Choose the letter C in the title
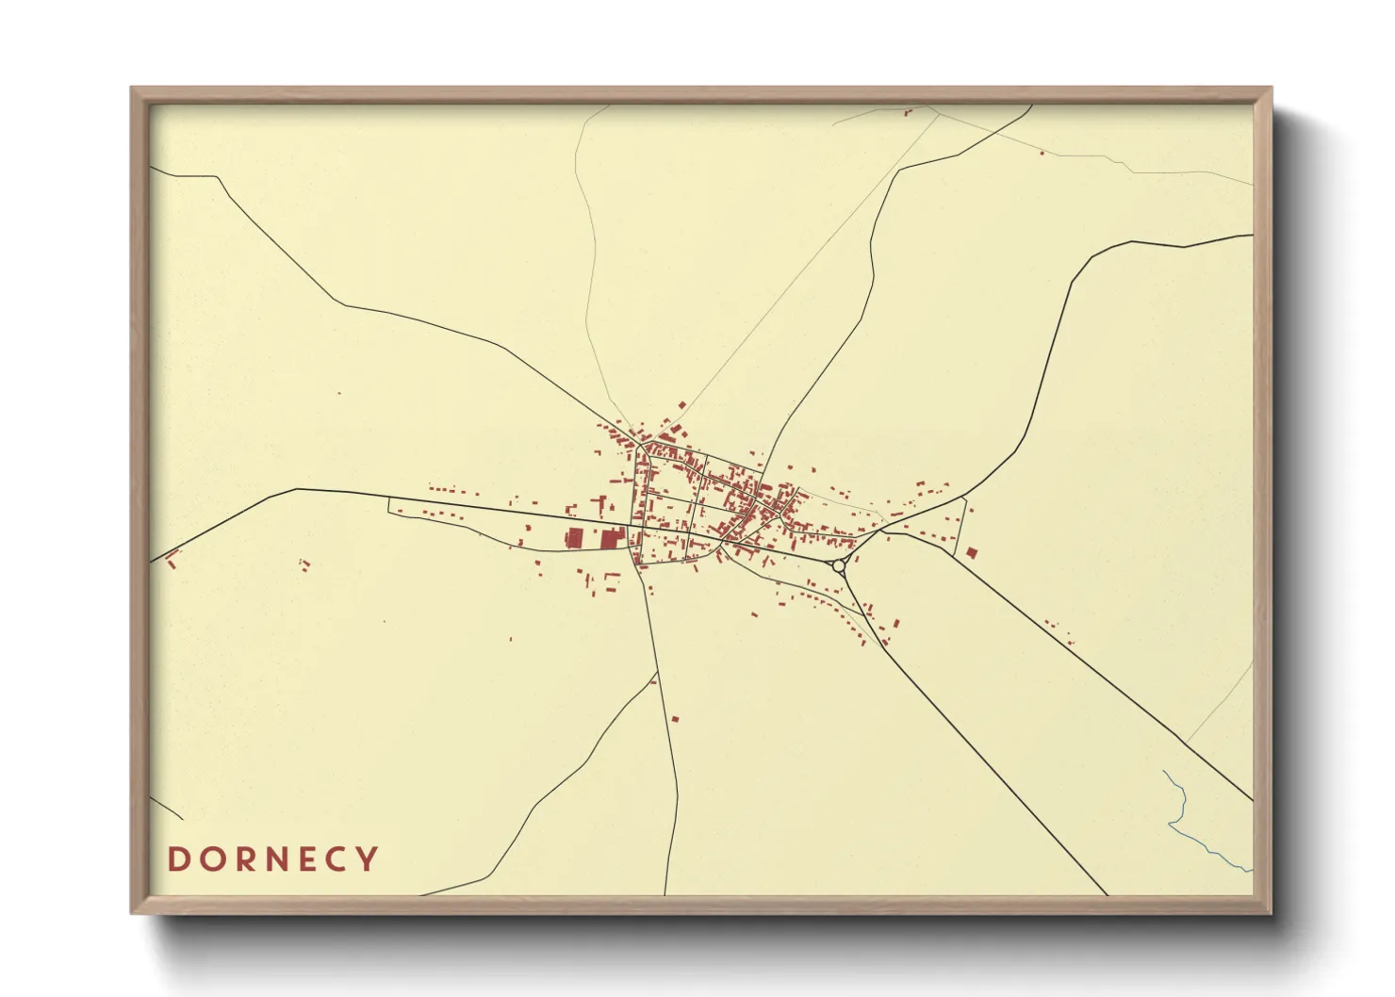[x=337, y=859]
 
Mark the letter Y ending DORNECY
[x=369, y=859]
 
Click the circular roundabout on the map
[x=839, y=565]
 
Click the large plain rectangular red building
[x=573, y=539]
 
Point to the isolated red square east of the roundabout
[x=972, y=552]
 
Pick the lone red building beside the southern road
[x=675, y=719]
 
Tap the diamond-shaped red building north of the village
[x=681, y=406]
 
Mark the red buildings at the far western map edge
[x=172, y=561]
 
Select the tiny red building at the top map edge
[x=909, y=112]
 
